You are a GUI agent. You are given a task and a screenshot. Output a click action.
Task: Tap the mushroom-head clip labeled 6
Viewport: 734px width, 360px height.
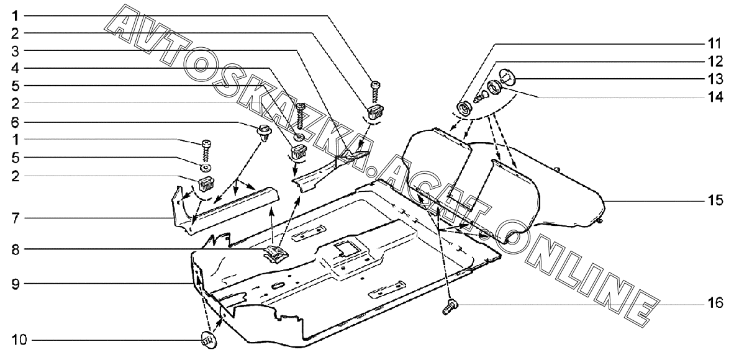pyautogui.click(x=263, y=132)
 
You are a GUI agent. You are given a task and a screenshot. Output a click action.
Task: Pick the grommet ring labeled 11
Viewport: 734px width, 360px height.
pyautogui.click(x=463, y=110)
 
